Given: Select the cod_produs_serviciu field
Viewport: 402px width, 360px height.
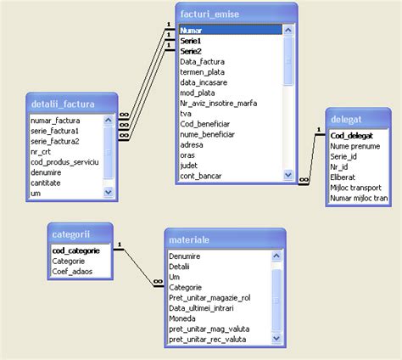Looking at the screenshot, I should [x=64, y=162].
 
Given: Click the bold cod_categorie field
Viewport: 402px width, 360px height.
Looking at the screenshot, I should [x=76, y=251].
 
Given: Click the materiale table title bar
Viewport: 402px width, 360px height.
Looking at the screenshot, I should [x=222, y=240].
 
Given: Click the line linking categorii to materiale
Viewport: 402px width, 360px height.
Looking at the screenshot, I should [x=136, y=263].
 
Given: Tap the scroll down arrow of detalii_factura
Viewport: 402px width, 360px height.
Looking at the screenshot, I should [x=108, y=193].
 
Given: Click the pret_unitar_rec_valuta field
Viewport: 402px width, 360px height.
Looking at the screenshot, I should [x=207, y=339].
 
